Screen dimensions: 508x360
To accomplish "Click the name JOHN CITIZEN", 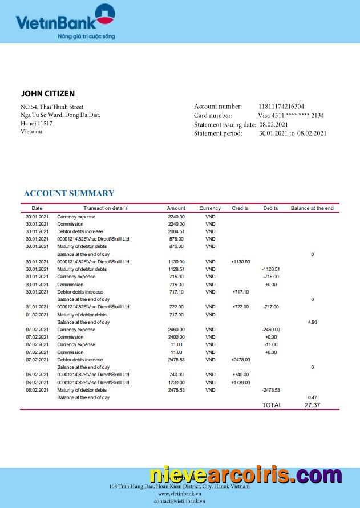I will (48, 94).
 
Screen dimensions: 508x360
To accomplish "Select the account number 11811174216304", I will (281, 107).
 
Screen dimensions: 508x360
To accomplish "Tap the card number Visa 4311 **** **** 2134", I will (291, 116).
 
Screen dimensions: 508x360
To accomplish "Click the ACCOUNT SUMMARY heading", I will (69, 194).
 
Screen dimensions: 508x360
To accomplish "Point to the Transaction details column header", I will (106, 208).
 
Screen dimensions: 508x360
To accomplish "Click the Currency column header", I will (210, 208).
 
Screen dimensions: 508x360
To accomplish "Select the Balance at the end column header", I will (312, 208).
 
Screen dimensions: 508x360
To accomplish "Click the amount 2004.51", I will (176, 231).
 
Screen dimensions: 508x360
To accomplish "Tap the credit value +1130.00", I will (240, 262).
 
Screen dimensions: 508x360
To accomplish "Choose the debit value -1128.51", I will (270, 269).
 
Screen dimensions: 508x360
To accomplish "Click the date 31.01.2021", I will (37, 307).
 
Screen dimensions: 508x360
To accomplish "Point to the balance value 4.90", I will (312, 322).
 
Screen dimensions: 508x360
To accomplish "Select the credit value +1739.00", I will (240, 383).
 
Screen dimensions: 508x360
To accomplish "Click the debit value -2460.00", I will (270, 330).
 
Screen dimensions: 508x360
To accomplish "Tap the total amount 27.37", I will (312, 405).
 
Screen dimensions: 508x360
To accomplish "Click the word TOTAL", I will (272, 405).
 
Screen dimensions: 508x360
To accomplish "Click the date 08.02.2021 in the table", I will (37, 390).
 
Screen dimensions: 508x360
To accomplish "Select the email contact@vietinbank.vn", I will (179, 501).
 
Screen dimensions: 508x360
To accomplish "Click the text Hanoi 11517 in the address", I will (37, 123).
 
